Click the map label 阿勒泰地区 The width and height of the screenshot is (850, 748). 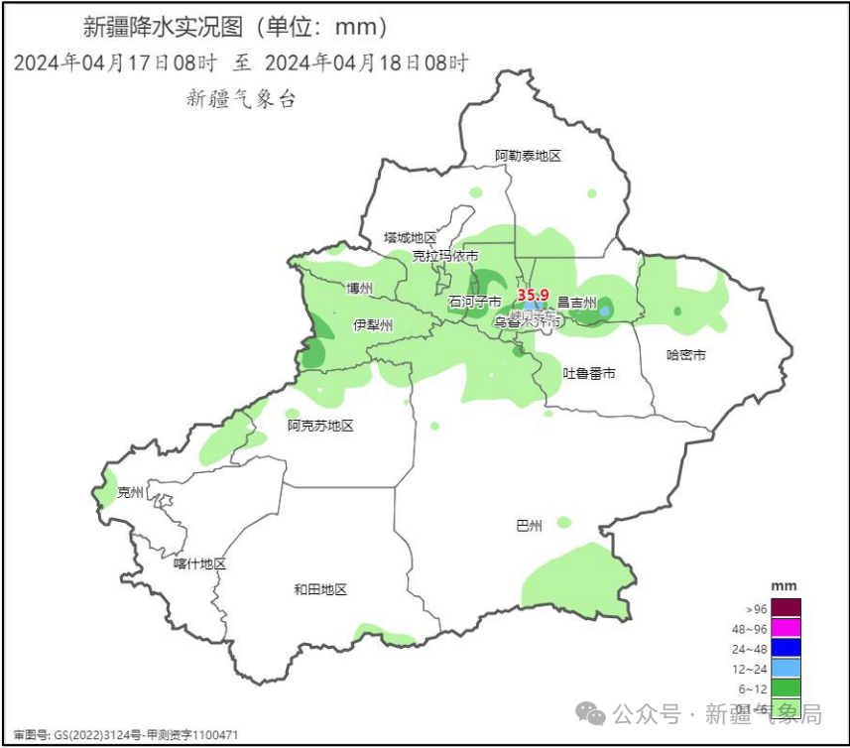[x=529, y=156]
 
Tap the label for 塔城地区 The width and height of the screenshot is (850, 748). [x=411, y=238]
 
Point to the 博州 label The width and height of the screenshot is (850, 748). [x=359, y=289]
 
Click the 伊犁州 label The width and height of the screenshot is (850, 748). [x=373, y=325]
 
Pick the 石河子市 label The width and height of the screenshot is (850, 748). [x=475, y=302]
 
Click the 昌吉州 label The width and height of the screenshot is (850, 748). [x=576, y=303]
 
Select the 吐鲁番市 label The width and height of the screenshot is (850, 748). [x=589, y=373]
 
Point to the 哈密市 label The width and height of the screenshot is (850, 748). [x=685, y=355]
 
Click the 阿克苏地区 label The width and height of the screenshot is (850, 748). [x=320, y=426]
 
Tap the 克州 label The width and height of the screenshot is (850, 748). [x=130, y=492]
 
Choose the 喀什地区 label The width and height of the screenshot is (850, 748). [x=199, y=563]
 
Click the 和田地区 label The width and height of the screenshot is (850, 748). [x=320, y=589]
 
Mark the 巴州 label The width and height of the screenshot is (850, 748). [x=530, y=526]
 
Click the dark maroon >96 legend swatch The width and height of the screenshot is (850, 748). [x=786, y=607]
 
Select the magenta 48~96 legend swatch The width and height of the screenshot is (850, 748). [x=786, y=627]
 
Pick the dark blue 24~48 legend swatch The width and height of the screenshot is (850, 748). [x=786, y=647]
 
